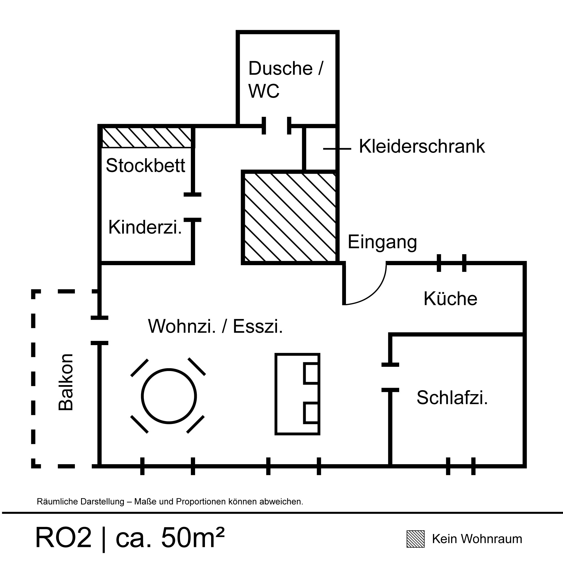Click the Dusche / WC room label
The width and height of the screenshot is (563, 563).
pyautogui.click(x=285, y=79)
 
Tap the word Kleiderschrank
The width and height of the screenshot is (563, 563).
pyautogui.click(x=422, y=146)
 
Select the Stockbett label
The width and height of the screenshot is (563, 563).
pyautogui.click(x=146, y=166)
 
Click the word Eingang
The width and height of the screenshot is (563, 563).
pyautogui.click(x=382, y=242)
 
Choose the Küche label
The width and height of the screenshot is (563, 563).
pyautogui.click(x=450, y=299)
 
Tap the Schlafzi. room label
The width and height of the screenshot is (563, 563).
pyautogui.click(x=452, y=397)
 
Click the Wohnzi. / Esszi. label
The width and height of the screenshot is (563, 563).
pyautogui.click(x=215, y=326)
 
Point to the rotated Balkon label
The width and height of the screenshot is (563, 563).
pyautogui.click(x=66, y=382)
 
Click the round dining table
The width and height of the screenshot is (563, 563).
pyautogui.click(x=169, y=396)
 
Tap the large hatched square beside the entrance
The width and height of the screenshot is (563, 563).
pyautogui.click(x=290, y=217)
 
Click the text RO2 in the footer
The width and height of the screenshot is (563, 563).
pyautogui.click(x=63, y=538)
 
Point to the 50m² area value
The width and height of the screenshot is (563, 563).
pyautogui.click(x=193, y=538)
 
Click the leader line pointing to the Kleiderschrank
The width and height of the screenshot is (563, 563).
pyautogui.click(x=337, y=149)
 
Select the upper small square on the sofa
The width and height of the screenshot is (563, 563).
pyautogui.click(x=311, y=373)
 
